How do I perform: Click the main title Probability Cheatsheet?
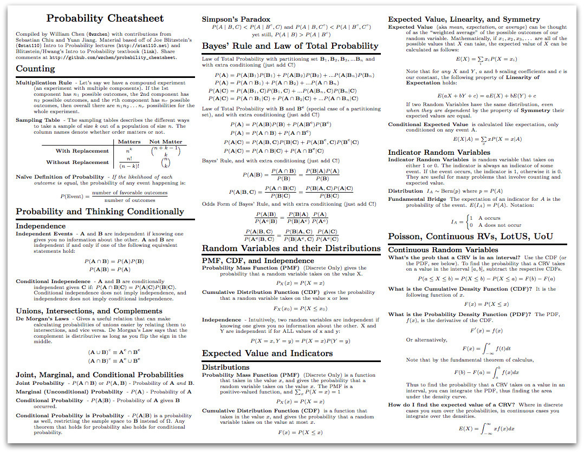point(105,18)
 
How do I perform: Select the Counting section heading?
point(35,69)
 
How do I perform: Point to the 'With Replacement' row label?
point(82,151)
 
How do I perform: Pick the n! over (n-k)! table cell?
point(129,162)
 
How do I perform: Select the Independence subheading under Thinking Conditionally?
point(41,226)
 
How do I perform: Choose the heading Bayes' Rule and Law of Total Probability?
point(290,46)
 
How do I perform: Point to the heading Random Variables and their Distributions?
point(291,248)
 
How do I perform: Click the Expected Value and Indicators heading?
point(267,353)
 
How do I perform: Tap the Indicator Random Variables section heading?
point(439,152)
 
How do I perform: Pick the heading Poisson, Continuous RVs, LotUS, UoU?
point(470,237)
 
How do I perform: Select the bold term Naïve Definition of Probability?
point(60,177)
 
